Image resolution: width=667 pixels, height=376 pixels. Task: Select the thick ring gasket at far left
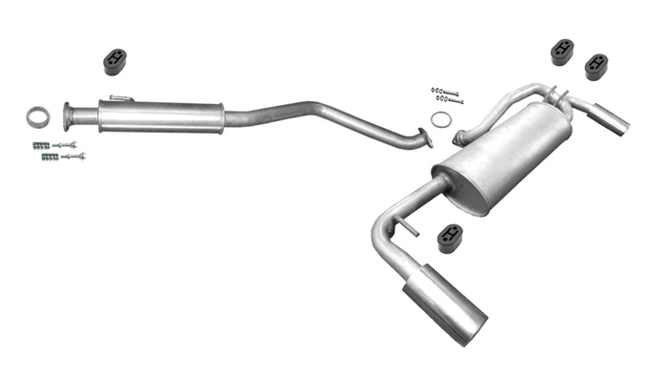point(38,116)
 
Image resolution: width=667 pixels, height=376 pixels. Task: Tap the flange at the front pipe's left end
point(69,116)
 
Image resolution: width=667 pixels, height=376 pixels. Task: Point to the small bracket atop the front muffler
point(120,97)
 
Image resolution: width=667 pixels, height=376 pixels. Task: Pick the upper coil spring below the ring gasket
point(41,145)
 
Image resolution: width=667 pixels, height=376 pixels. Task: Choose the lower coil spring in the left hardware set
point(50,157)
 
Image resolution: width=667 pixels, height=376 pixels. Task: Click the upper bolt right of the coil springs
point(65,145)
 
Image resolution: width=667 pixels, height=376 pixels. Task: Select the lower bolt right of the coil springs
point(73,156)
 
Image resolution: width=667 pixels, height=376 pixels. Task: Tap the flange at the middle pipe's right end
point(424,137)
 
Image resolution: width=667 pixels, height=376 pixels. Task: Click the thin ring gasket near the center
point(441,119)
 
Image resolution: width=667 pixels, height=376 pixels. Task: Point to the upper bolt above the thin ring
point(445,92)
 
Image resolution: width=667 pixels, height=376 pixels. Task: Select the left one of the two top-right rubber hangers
point(562,52)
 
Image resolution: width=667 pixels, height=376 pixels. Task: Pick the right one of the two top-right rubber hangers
point(596,67)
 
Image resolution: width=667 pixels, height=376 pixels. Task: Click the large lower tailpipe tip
point(445,304)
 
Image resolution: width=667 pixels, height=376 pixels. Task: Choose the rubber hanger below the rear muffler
point(450,238)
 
